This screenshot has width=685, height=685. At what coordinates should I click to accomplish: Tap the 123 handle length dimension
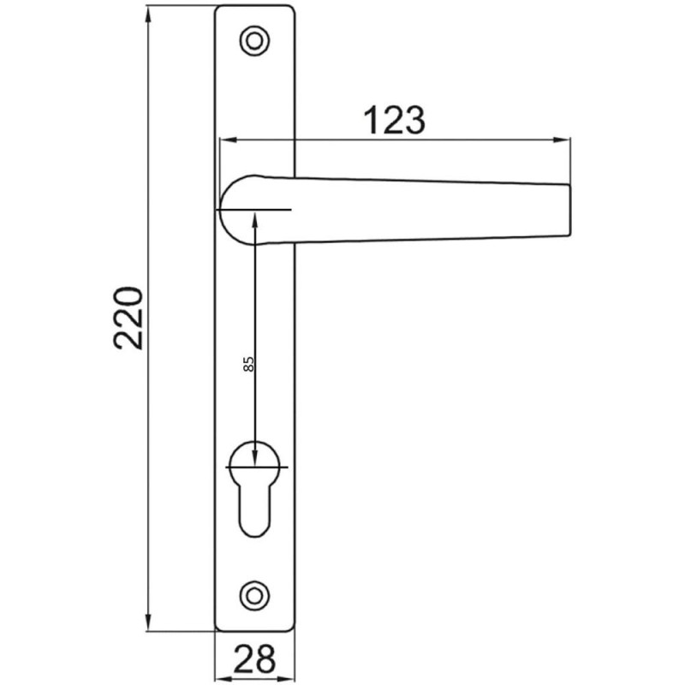(x=395, y=121)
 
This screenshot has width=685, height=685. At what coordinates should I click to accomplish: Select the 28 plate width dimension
(x=254, y=658)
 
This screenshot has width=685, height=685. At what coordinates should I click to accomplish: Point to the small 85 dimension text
(x=249, y=363)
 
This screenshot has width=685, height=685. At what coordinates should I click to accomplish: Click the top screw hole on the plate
(x=254, y=39)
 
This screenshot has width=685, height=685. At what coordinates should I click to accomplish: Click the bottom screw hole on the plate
(x=254, y=593)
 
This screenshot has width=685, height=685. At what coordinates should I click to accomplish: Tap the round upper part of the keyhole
(x=255, y=463)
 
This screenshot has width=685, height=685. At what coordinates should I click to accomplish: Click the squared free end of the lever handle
(x=561, y=209)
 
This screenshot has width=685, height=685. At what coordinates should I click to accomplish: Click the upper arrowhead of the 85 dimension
(x=255, y=217)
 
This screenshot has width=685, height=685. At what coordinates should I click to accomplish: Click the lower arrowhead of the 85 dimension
(x=255, y=460)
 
